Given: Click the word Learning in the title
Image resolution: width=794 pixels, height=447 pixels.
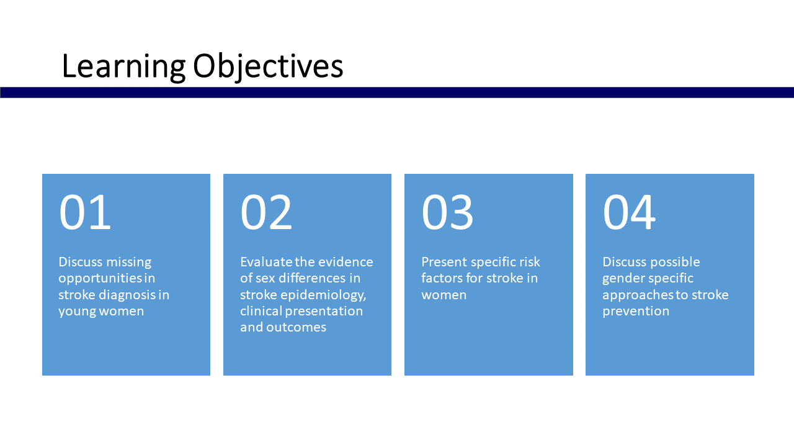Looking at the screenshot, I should pos(123,67).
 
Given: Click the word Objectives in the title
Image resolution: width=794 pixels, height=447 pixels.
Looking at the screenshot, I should pos(267,67).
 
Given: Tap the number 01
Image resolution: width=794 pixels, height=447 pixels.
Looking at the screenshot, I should pos(85,212).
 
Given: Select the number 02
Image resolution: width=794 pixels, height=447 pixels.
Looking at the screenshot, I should pos(266,212).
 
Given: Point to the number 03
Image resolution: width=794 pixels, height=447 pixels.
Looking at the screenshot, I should pos(447,212).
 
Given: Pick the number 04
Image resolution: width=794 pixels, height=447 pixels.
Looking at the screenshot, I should pos(628,212).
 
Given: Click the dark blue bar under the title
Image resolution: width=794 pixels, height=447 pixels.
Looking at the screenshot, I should pos(397,93).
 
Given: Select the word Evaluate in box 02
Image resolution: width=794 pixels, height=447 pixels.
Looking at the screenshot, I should pos(266,262).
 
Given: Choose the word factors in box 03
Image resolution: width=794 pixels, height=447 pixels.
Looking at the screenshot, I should pos(442,278).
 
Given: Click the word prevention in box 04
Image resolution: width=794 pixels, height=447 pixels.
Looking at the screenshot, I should pos(636,311).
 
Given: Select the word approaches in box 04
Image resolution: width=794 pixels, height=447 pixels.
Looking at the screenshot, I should pos(637,295).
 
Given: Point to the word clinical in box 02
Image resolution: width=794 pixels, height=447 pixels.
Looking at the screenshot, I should pos(261,311).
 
